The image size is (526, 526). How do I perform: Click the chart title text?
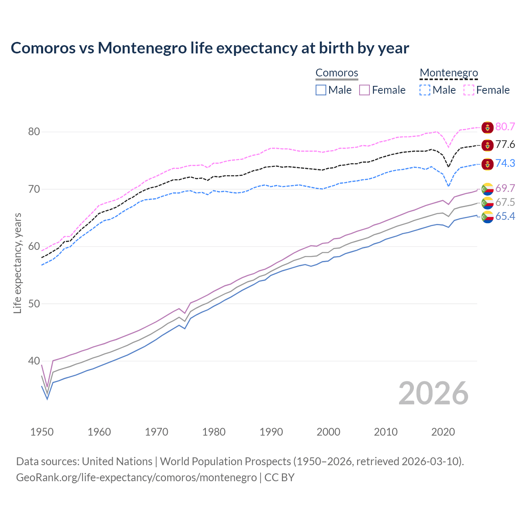210,48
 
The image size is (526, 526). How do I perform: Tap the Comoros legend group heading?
337,73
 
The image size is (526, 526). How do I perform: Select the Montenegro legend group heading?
448,73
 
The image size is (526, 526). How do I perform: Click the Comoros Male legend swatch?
321,90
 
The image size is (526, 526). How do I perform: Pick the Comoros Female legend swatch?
365,90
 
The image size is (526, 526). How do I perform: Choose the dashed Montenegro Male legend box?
425,90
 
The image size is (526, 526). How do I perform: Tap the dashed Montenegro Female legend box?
469,90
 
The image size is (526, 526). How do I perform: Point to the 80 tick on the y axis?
34,132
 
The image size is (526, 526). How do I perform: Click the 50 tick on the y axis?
34,304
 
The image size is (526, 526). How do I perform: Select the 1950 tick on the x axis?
42,432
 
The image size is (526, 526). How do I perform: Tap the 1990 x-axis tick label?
271,432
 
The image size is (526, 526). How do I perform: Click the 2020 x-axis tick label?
443,432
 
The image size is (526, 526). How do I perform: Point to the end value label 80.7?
505,127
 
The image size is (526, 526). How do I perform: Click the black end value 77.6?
505,145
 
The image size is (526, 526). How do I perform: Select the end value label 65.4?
505,217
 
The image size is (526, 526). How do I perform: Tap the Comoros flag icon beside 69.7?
487,189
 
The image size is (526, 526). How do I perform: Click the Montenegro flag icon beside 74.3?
487,164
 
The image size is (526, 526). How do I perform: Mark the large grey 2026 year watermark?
433,393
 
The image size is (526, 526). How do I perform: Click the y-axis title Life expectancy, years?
18,263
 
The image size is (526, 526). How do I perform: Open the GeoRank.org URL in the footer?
136,478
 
